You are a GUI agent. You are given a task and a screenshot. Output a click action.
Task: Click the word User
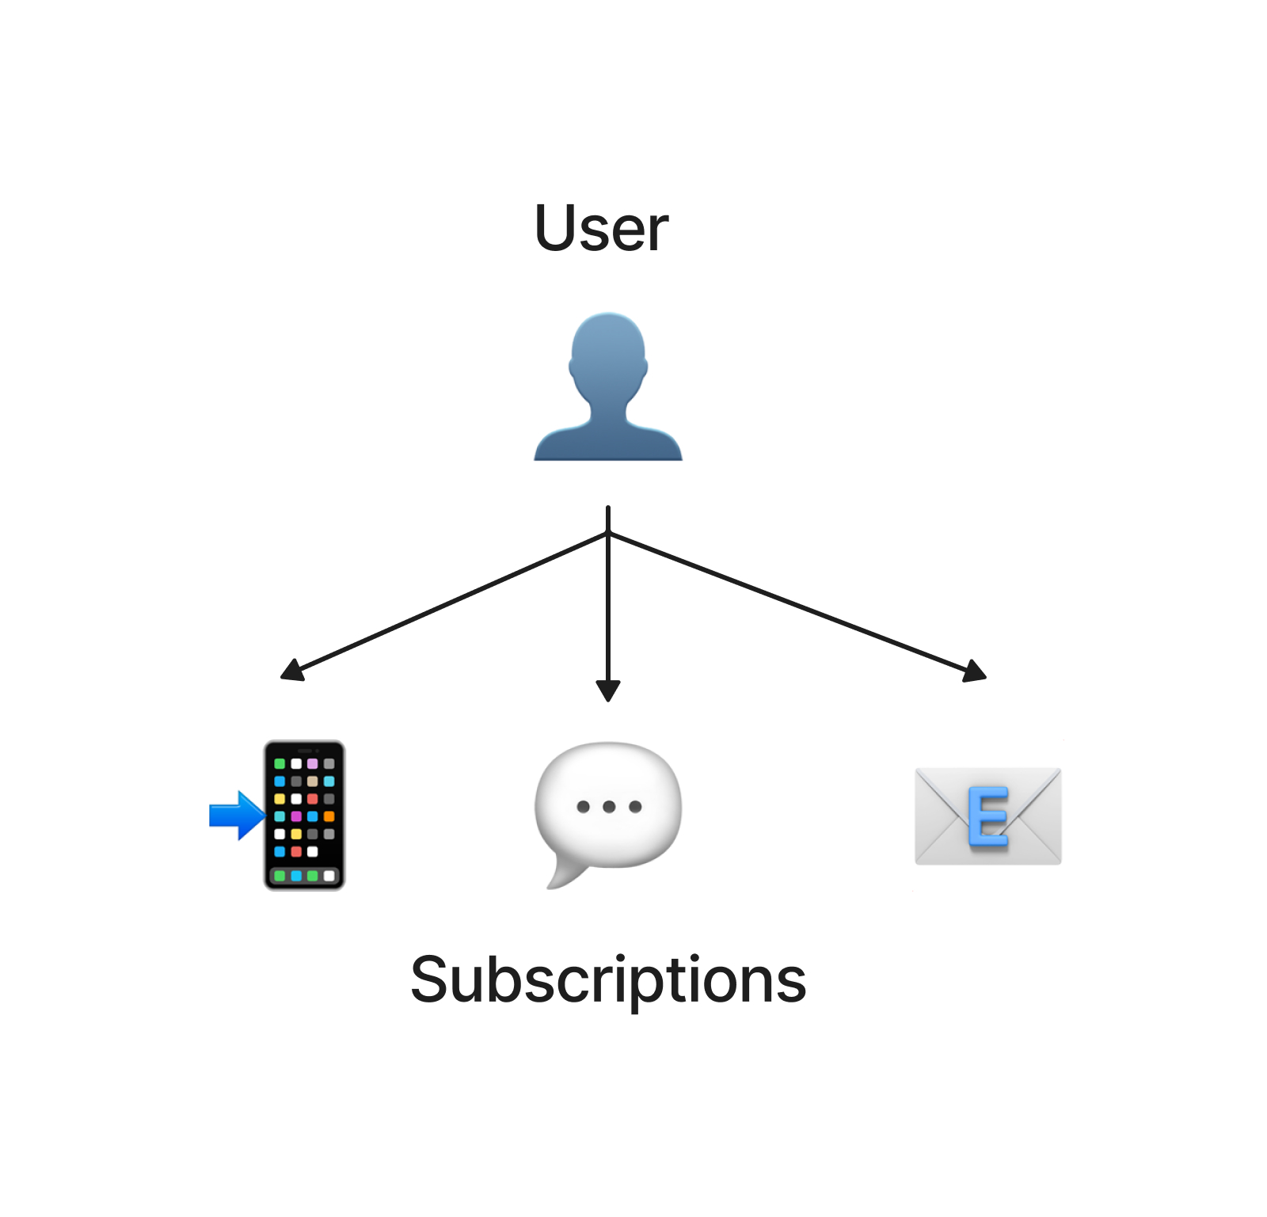pos(602,228)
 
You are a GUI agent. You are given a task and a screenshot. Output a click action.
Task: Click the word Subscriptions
pos(608,980)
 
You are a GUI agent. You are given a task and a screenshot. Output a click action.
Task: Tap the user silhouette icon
pos(608,386)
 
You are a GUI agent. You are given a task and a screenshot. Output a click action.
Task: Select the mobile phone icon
pos(304,815)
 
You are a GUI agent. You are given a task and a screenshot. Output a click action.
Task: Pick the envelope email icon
pos(987,816)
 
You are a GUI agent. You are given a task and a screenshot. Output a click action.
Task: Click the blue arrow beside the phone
pos(237,815)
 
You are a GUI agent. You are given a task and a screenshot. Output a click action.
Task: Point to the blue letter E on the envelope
pos(988,816)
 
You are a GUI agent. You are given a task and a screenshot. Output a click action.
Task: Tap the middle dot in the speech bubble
pos(609,807)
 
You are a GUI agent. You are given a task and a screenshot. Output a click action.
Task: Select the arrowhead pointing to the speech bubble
pos(608,691)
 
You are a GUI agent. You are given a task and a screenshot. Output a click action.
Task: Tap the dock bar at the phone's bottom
pos(304,876)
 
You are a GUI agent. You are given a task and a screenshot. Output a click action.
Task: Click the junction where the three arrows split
pos(608,534)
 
